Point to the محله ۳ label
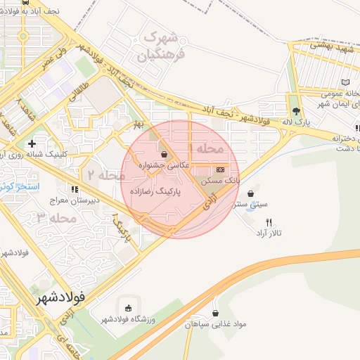57,218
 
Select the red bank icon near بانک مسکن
221,169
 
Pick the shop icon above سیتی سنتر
251,193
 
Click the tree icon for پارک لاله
297,110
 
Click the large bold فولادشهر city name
61,297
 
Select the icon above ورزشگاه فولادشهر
128,307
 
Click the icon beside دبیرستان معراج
75,188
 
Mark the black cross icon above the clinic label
32,143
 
